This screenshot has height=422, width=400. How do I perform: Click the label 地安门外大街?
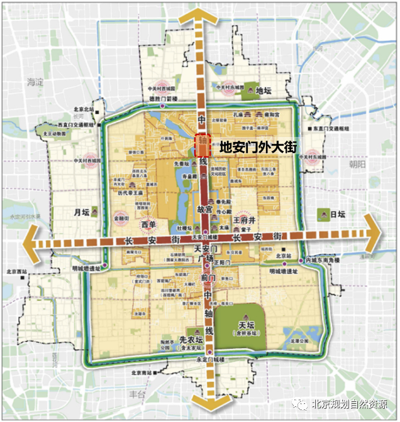(257, 147)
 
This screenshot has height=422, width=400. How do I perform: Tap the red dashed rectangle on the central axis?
(202, 146)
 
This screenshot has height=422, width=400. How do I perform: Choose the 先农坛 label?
(189, 338)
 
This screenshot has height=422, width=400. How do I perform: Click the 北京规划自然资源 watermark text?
(350, 406)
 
